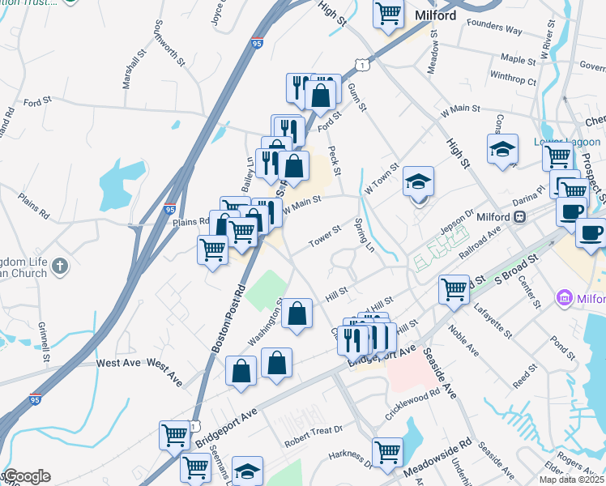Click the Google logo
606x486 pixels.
pos(27,476)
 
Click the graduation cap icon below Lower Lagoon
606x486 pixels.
pos(502,149)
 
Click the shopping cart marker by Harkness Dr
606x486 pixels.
pos(388,450)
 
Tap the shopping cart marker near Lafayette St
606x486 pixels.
pos(454,288)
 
